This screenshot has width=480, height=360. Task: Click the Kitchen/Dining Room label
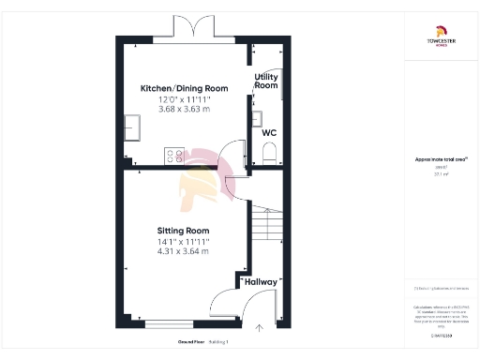[183, 88]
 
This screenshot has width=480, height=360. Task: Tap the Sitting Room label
[183, 231]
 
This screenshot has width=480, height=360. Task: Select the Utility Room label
[266, 81]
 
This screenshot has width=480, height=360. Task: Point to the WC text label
[267, 132]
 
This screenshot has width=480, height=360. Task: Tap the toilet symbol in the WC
[268, 155]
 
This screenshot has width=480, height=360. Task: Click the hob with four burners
[175, 156]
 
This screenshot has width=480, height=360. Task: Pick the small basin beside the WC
[256, 118]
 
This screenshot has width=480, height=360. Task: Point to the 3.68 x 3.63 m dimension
[183, 110]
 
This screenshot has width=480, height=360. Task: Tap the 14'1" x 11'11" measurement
[183, 241]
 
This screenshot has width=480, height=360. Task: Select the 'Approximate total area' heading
[438, 159]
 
